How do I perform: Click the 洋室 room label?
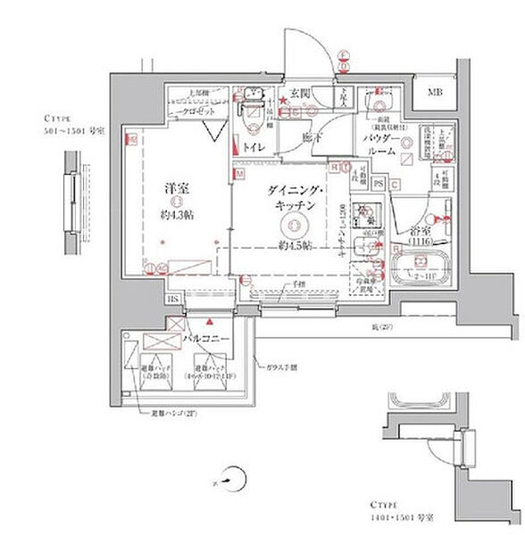[x=174, y=189]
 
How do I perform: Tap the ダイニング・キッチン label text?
[x=292, y=197]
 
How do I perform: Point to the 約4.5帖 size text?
[x=292, y=244]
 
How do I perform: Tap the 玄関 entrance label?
[x=298, y=92]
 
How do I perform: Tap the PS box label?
[x=379, y=185]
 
